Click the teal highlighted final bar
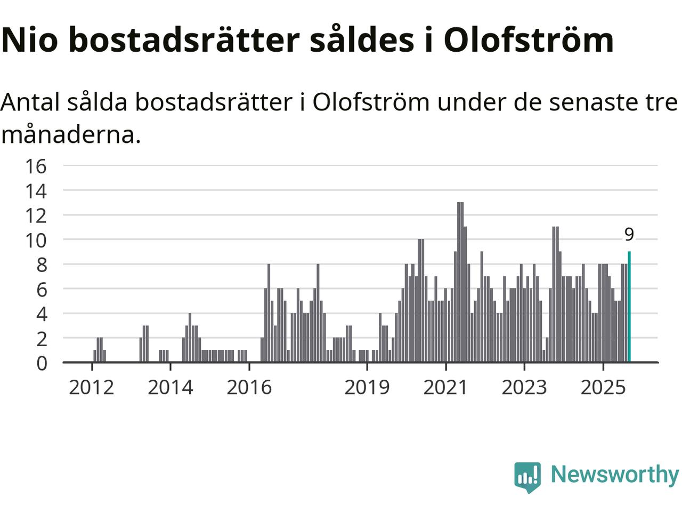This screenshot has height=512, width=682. pyautogui.click(x=629, y=307)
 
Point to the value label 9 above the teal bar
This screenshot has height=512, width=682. pyautogui.click(x=629, y=235)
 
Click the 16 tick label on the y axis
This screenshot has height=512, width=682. pyautogui.click(x=36, y=166)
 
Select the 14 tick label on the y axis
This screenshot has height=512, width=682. pyautogui.click(x=36, y=191)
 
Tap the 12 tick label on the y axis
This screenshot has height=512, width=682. pyautogui.click(x=36, y=216)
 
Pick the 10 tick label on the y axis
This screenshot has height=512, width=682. pyautogui.click(x=36, y=241)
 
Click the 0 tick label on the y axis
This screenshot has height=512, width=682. pyautogui.click(x=41, y=363)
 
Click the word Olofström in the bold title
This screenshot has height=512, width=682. pyautogui.click(x=529, y=40)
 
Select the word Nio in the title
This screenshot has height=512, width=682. pyautogui.click(x=29, y=40)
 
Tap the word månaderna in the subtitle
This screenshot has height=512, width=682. pyautogui.click(x=71, y=135)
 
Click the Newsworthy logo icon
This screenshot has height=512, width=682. pyautogui.click(x=527, y=476)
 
